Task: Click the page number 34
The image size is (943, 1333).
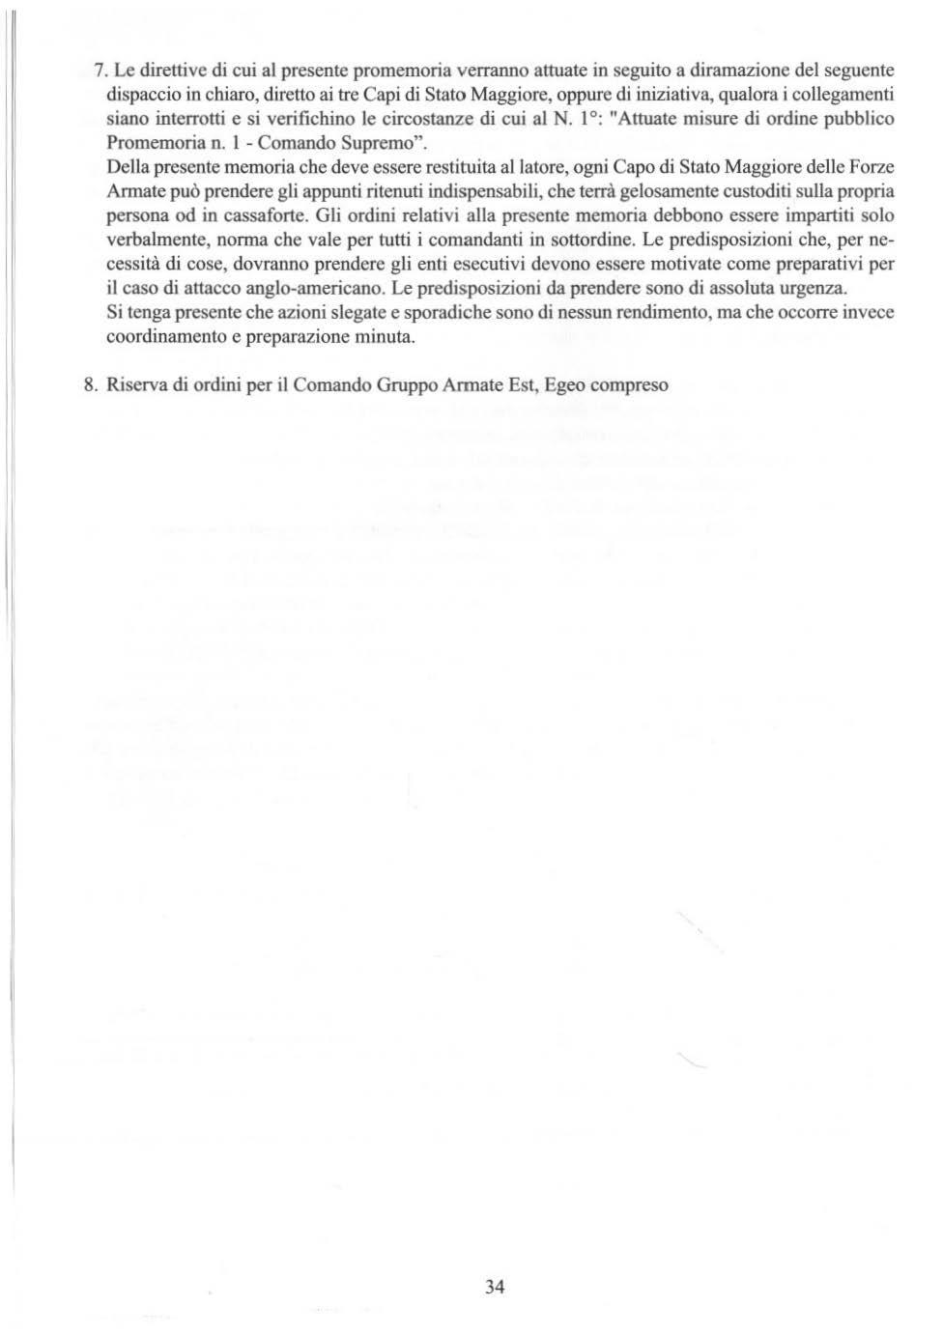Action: pyautogui.click(x=495, y=1286)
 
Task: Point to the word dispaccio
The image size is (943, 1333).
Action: pyautogui.click(x=141, y=95)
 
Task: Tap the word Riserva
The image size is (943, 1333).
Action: pyautogui.click(x=137, y=385)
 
